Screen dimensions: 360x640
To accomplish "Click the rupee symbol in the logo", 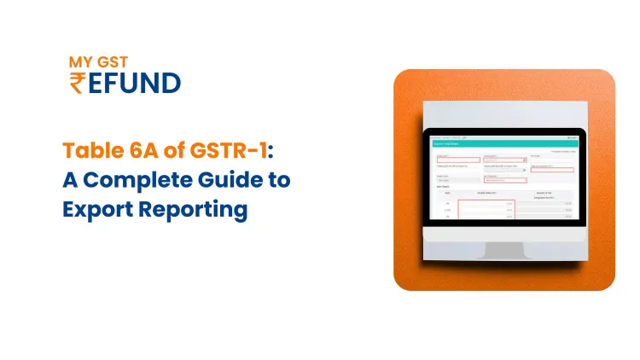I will coord(78,84).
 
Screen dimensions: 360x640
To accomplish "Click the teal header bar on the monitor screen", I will coord(503,144).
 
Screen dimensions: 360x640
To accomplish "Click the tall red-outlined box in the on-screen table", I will coord(486,213).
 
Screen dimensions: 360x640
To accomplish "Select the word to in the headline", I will coord(281,180).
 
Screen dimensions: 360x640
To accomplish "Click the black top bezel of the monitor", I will coord(503,131).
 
